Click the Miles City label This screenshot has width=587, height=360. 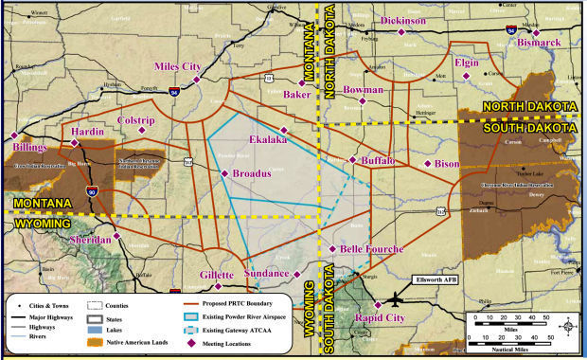[x=177, y=66]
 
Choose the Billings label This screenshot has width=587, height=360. [x=28, y=149]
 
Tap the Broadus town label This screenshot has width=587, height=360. [x=252, y=174]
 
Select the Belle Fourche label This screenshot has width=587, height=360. [x=371, y=249]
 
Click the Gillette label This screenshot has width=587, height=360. [x=217, y=276]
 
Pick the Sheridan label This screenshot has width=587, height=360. [x=91, y=241]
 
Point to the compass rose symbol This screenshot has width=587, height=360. [x=566, y=327]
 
